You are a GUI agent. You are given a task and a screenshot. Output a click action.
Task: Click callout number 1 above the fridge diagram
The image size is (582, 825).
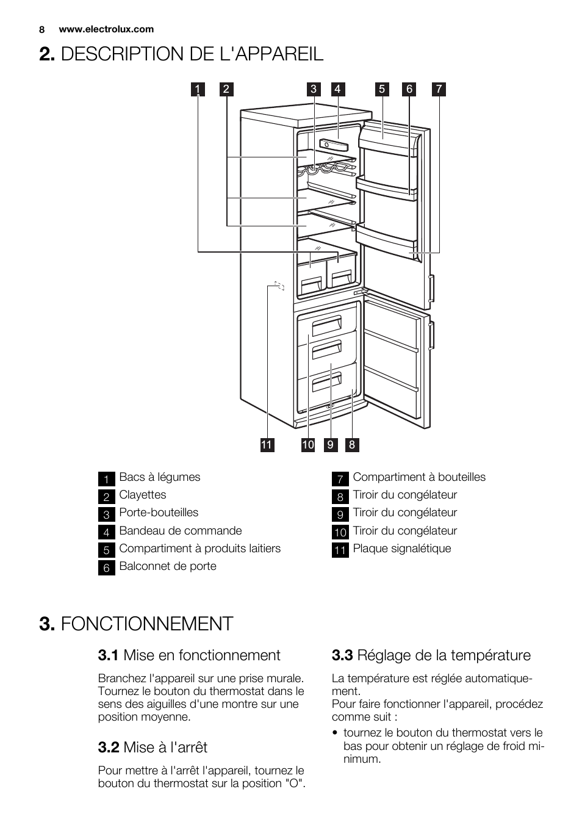coord(198,89)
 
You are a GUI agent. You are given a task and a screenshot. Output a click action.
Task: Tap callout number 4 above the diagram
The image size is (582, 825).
coord(337,89)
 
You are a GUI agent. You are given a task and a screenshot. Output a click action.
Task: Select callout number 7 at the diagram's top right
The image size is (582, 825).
coord(439,89)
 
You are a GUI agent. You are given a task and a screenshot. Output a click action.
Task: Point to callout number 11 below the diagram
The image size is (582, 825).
coord(267,445)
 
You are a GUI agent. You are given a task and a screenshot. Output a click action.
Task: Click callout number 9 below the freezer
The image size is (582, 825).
coord(331,445)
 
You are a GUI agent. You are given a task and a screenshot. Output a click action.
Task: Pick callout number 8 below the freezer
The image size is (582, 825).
coord(352,445)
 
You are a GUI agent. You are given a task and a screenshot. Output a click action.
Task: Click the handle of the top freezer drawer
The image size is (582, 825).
coord(327,326)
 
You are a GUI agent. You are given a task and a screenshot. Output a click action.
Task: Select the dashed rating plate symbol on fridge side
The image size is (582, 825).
coord(279,286)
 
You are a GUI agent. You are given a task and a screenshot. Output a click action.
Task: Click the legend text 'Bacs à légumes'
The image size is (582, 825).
coord(159,477)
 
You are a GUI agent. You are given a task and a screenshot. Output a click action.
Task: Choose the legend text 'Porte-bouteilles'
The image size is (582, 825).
coord(159,513)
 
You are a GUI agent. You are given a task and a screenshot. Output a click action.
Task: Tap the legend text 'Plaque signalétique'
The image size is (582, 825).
coord(401,549)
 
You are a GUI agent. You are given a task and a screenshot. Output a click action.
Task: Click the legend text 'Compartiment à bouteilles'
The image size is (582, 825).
coord(419,477)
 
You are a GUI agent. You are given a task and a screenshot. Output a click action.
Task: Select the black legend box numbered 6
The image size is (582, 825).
coord(106,567)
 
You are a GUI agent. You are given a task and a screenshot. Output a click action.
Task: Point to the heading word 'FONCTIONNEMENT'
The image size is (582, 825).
coord(147,624)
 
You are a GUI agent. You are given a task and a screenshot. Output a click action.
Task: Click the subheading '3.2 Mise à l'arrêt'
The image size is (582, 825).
coord(153,747)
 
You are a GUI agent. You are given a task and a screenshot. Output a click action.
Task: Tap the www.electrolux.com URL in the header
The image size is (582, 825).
coord(106,29)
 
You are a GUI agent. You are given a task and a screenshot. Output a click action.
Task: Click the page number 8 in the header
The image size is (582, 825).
coord(42,29)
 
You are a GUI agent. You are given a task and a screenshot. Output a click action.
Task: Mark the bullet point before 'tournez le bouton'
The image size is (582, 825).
coord(336,733)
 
